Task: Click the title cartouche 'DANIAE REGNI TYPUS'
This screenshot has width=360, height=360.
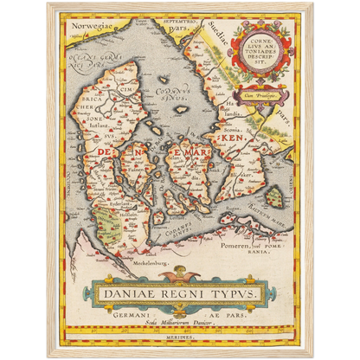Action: click(x=179, y=293)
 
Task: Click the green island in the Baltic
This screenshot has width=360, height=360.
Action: click(x=273, y=198)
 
